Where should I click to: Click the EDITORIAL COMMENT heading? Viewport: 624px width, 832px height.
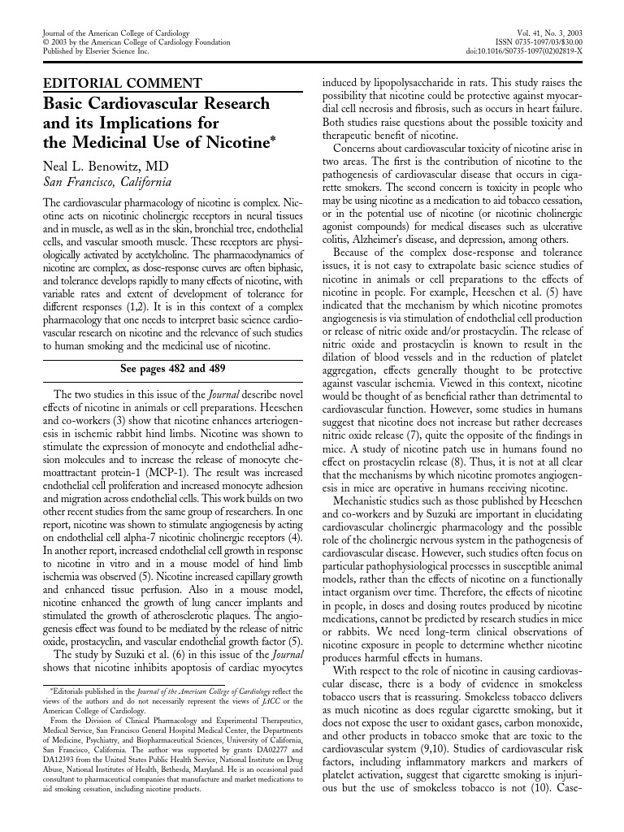click(x=122, y=83)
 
